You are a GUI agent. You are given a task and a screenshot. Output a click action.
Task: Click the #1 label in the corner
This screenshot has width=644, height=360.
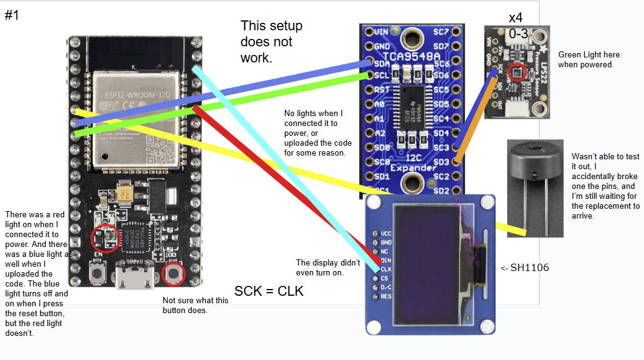(12, 15)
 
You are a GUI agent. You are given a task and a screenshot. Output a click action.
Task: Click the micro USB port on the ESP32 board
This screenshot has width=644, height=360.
(135, 279)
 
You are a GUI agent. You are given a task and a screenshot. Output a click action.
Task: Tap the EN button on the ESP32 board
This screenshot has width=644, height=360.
(96, 272)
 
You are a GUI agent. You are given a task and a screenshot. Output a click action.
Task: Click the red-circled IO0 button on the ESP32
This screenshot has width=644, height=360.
(174, 273)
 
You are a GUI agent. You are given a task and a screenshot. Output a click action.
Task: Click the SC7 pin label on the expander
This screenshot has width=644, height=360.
(441, 31)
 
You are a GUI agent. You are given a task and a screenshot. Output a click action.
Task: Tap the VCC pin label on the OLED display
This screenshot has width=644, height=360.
(387, 233)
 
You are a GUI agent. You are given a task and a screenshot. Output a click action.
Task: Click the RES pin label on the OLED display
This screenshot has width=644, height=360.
(387, 296)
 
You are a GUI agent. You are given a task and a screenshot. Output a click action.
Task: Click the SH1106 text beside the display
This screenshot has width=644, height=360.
(525, 267)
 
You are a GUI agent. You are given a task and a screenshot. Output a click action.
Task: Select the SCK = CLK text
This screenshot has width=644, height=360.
(269, 291)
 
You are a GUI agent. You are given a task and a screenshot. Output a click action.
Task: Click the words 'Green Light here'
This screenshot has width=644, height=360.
(588, 54)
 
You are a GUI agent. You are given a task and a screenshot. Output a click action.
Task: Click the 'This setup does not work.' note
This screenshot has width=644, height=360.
(272, 42)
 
